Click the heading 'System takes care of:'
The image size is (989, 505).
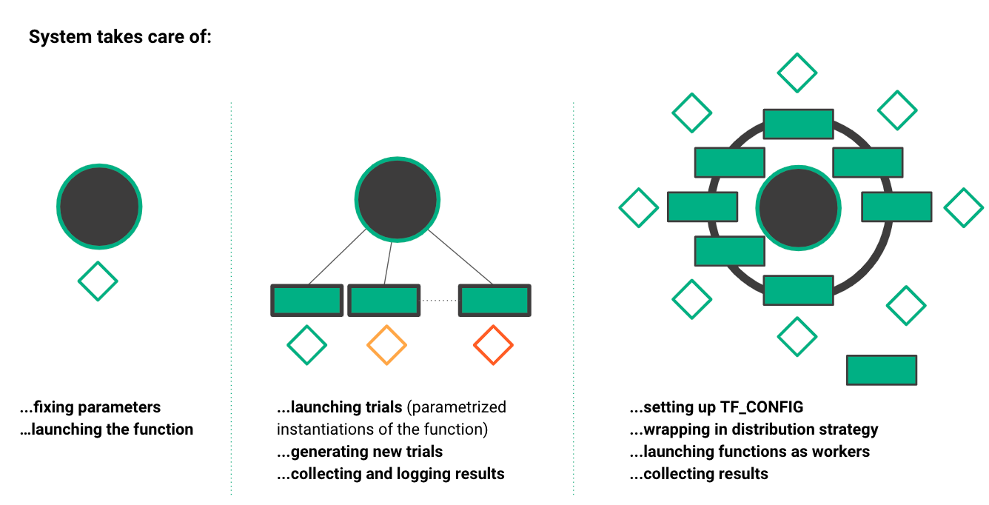coord(120,37)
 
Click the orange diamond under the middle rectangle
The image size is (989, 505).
coord(386,345)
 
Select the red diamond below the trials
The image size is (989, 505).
coord(493,345)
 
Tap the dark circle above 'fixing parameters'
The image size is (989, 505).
coord(99,207)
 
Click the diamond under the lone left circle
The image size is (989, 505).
coord(98,281)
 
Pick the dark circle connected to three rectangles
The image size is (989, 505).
coord(398,199)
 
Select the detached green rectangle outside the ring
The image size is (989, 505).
coord(881,370)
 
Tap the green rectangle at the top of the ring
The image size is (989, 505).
coord(798,124)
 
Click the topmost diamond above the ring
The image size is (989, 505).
coord(797,73)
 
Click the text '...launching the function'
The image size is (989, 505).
coord(107,429)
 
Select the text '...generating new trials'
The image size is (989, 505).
coord(360,452)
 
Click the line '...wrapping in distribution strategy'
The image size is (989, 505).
coord(754,429)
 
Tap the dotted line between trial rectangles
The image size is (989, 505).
coord(438,301)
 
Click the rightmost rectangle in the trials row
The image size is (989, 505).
coord(494,301)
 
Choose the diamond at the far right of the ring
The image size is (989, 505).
coord(964,207)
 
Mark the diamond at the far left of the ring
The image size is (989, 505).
coord(638,207)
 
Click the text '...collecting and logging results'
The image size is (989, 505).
coord(391,474)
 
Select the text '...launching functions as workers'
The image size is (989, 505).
coord(749,452)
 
